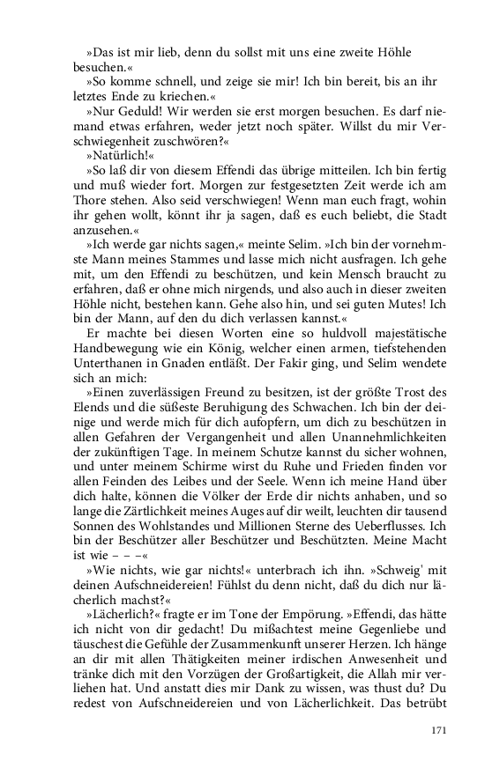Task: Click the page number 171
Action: click(439, 730)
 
